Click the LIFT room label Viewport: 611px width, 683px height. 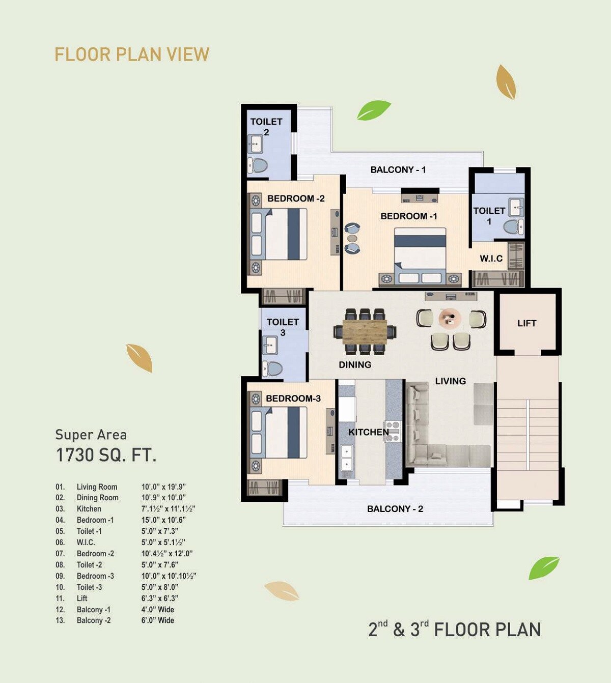click(x=526, y=323)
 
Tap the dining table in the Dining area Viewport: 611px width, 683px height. click(x=365, y=331)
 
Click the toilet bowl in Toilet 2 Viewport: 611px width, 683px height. click(x=259, y=165)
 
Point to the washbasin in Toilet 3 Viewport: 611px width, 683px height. click(x=269, y=346)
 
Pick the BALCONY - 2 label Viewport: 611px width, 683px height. click(x=395, y=508)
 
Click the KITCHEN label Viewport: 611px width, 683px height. click(x=368, y=432)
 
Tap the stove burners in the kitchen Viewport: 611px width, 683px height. click(x=392, y=431)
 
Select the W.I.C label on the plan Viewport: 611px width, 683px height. click(x=491, y=259)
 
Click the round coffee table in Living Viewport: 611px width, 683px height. click(x=450, y=319)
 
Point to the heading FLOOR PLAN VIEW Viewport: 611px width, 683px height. click(x=132, y=54)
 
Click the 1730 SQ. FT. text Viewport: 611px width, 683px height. click(x=106, y=454)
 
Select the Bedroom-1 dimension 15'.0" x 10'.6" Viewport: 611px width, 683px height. click(x=163, y=520)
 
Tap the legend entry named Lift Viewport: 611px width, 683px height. click(x=82, y=598)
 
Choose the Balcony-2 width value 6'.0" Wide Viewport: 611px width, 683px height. click(x=158, y=620)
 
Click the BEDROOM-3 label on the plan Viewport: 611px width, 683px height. click(x=293, y=399)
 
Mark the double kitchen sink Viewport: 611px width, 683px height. click(x=346, y=458)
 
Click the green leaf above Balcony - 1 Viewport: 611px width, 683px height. click(x=373, y=110)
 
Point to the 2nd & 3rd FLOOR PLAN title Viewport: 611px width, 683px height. click(x=454, y=629)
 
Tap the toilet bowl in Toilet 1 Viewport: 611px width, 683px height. click(x=512, y=226)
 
